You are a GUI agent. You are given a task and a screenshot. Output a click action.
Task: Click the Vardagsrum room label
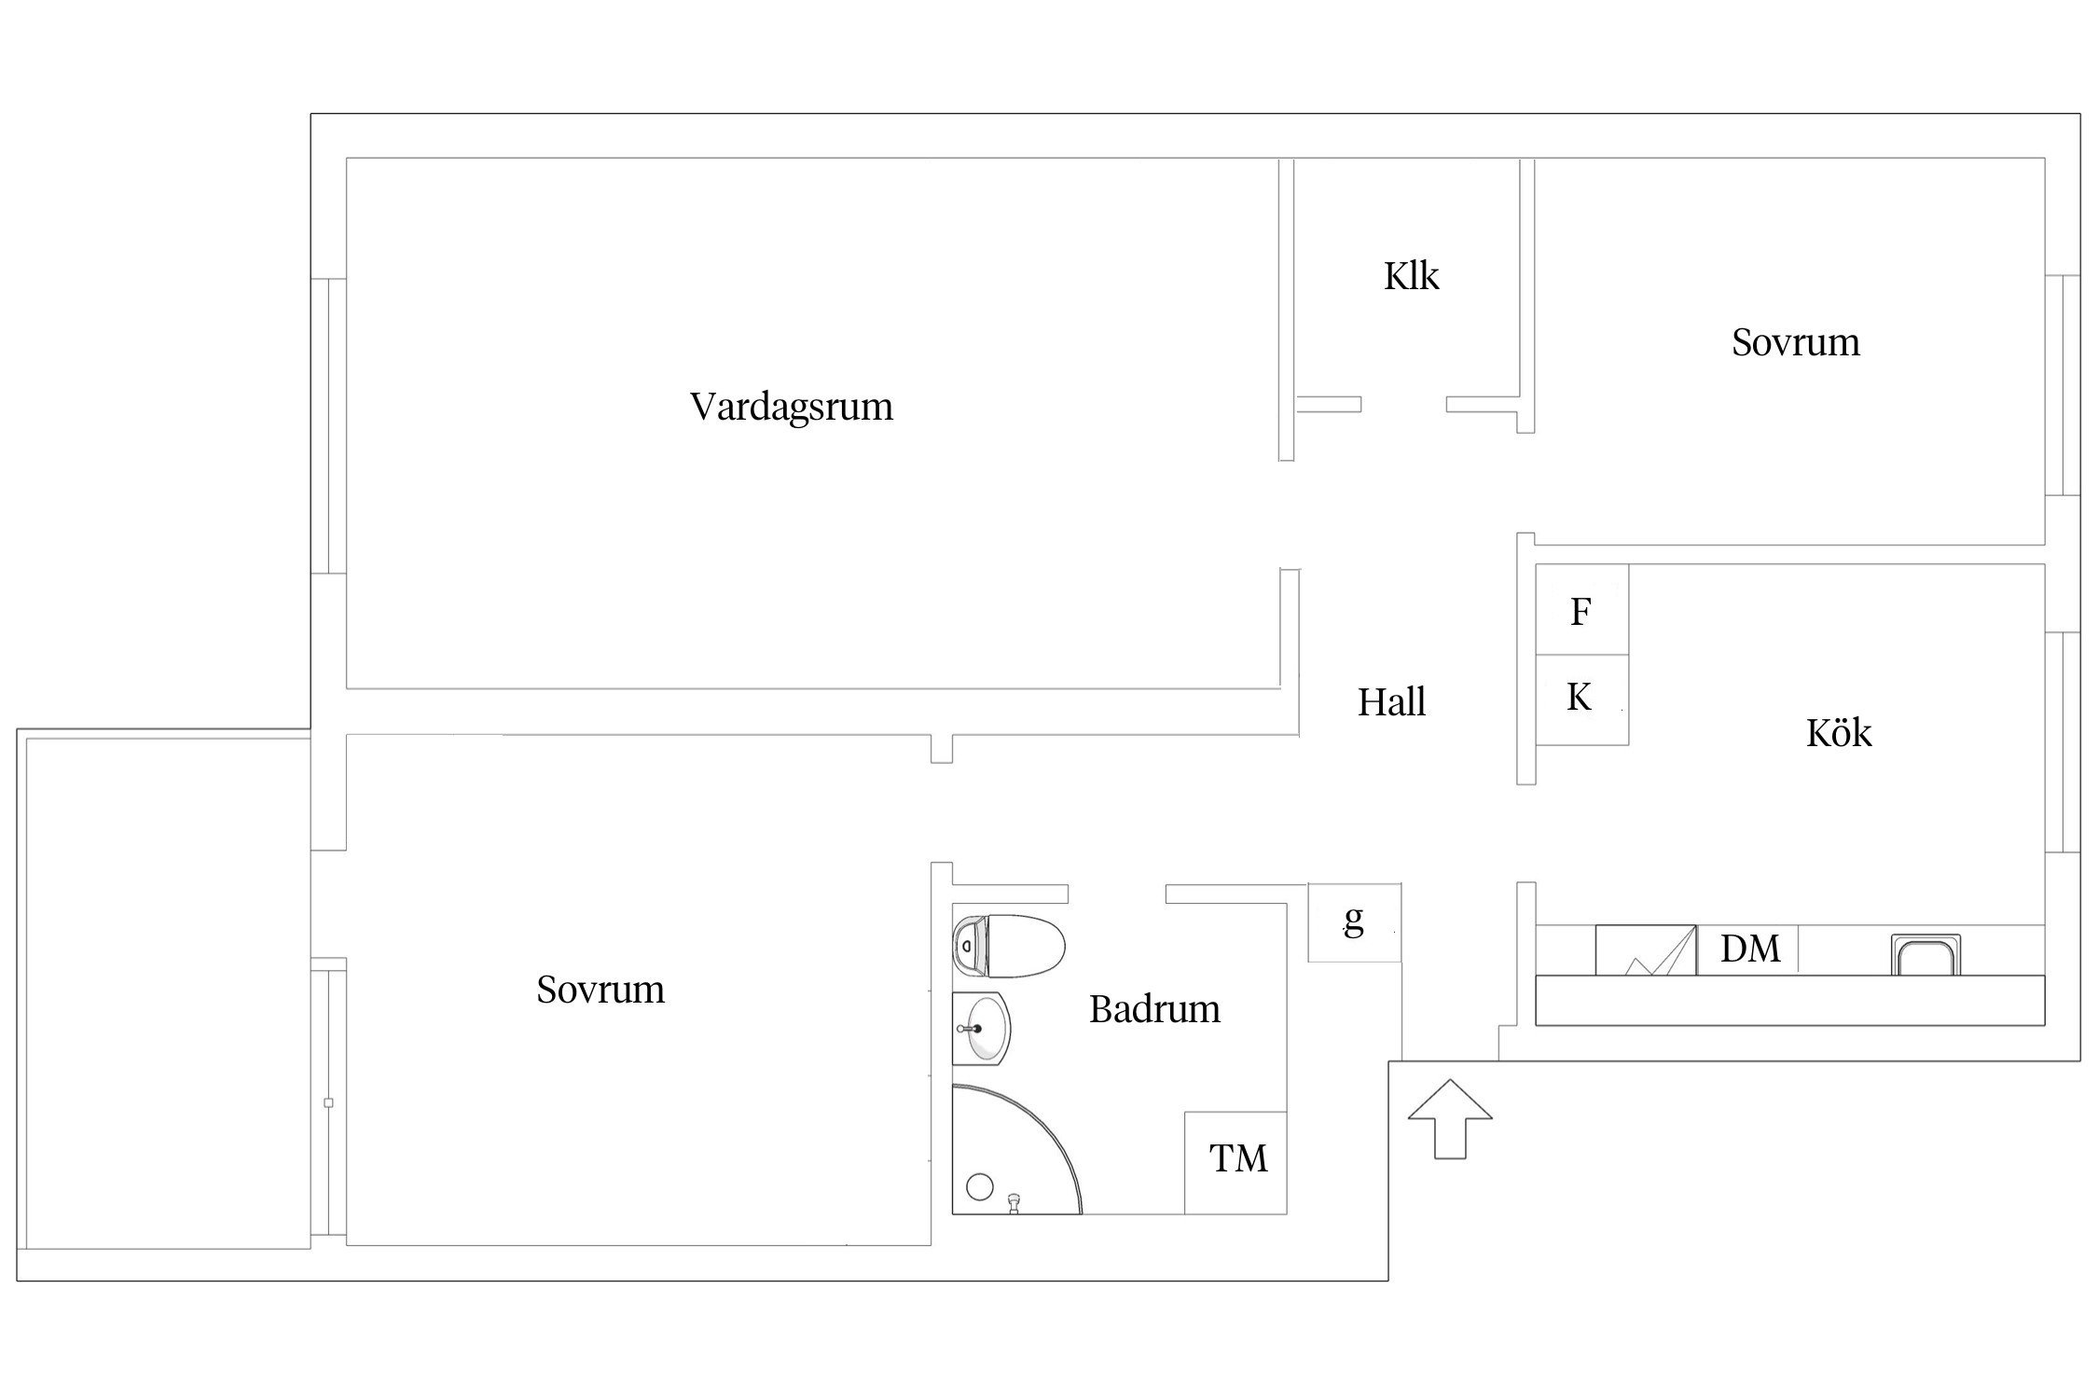[792, 408]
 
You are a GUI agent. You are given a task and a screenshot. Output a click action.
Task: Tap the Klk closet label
[1411, 276]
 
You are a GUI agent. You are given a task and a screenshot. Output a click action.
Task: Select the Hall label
[1391, 702]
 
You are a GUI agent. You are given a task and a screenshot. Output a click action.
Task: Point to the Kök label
[1839, 732]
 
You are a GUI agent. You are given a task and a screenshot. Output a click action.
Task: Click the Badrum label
[1154, 1009]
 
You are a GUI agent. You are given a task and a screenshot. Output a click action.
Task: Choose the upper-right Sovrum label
[1796, 342]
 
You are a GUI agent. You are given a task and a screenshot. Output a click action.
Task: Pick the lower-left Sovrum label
[600, 990]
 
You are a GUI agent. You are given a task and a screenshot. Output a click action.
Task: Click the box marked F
[1581, 610]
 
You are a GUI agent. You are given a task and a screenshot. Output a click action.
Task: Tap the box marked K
[1581, 699]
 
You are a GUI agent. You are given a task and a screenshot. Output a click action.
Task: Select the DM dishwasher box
[1747, 949]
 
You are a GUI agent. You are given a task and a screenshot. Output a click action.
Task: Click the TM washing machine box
[1235, 1162]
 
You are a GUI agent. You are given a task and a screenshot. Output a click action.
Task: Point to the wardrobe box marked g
[1354, 922]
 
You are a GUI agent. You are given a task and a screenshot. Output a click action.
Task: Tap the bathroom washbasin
[981, 1029]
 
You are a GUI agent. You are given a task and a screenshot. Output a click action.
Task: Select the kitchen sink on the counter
[1925, 955]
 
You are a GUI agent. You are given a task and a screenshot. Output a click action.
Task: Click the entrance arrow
[1450, 1118]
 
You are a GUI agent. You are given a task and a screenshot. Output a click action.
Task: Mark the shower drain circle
[980, 1186]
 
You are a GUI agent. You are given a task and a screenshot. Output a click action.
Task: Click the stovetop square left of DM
[1646, 950]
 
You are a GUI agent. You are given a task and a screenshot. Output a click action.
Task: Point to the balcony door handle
[328, 1103]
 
